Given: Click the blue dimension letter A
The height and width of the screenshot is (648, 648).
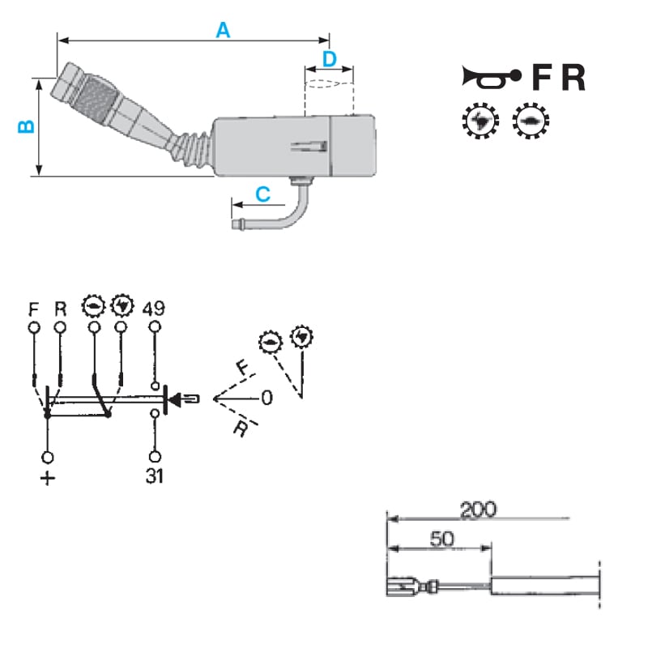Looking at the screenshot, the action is click(224, 30).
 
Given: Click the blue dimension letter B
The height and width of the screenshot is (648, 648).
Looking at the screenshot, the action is click(27, 126).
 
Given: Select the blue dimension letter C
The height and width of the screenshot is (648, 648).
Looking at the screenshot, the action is click(263, 194).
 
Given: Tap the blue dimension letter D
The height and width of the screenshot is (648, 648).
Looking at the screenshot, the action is click(330, 59).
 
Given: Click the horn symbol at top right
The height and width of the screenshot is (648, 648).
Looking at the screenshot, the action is click(491, 78).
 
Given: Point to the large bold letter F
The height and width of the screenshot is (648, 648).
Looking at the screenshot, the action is click(541, 77).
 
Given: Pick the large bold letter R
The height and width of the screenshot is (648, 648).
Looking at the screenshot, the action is click(573, 77).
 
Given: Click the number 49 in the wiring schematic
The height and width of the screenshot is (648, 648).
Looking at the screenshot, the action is click(154, 309).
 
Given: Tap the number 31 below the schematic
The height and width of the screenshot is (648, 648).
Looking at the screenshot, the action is click(155, 476).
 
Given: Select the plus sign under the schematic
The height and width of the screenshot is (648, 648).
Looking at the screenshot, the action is click(48, 479).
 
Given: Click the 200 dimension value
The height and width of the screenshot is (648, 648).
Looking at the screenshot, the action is click(478, 509).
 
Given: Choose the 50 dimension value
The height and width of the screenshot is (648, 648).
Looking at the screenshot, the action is click(441, 539).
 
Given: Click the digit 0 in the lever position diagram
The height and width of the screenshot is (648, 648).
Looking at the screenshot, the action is click(267, 398).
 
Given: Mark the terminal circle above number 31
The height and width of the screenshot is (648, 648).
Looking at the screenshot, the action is click(155, 457).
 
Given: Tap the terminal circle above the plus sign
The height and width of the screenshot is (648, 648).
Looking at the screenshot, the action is click(48, 458).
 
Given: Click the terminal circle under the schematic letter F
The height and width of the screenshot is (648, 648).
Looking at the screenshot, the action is click(34, 327).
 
